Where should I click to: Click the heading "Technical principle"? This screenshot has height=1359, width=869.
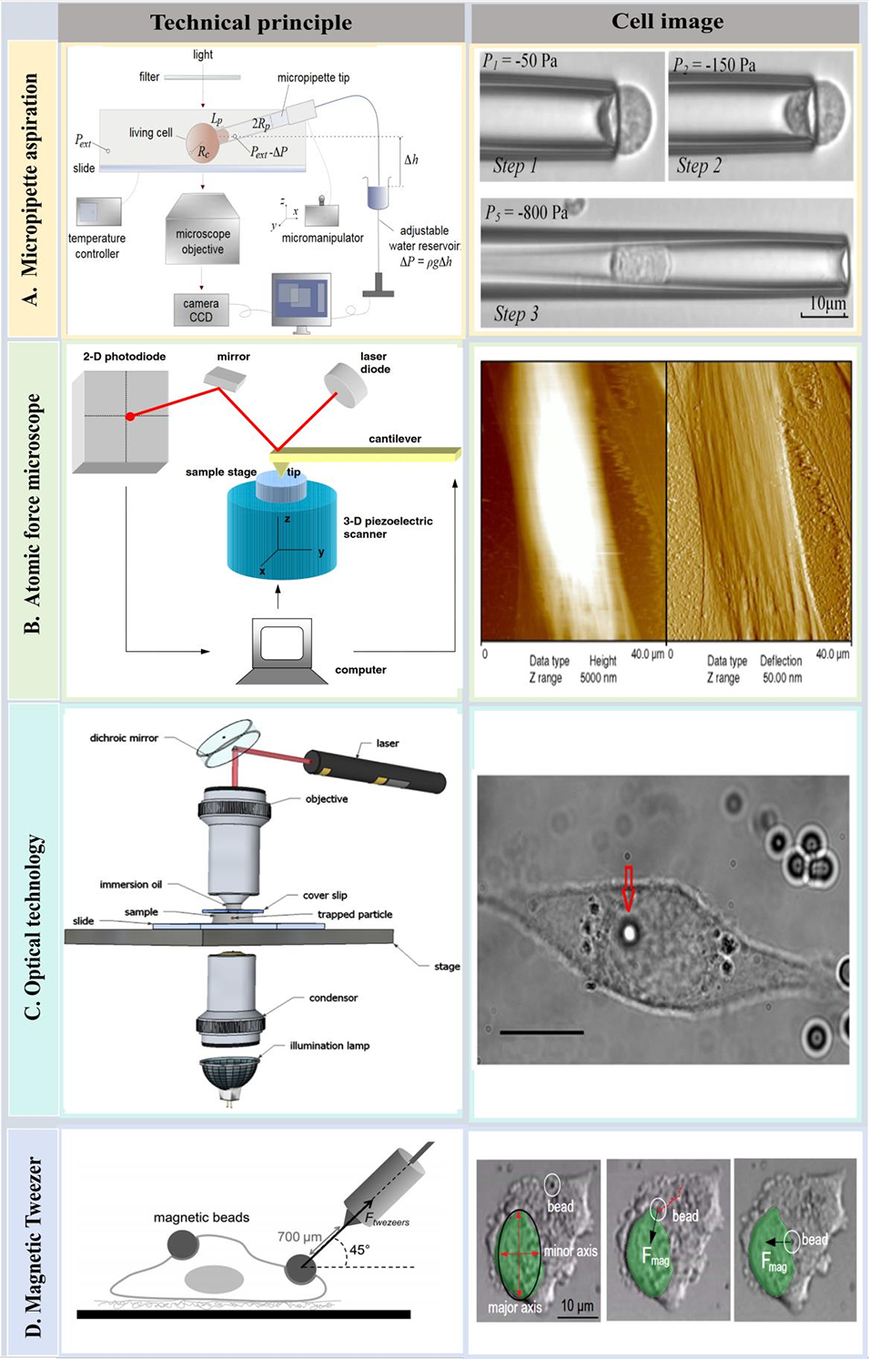pos(251,23)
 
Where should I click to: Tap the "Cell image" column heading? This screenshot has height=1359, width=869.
pos(667,21)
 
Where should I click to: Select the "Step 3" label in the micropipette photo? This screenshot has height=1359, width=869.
pos(516,314)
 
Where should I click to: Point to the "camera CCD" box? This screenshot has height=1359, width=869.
pos(201,310)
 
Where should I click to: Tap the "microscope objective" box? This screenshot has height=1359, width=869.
pos(202,240)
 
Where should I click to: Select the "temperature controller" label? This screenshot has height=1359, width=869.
pos(96,246)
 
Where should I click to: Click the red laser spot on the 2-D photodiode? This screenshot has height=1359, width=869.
pos(130,416)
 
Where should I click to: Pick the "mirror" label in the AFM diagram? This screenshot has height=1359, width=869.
pos(233,357)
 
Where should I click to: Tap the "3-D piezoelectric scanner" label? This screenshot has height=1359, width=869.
pos(387,527)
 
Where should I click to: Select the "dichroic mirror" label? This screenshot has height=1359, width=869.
pos(124,738)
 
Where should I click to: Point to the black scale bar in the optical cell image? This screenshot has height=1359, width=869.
pos(541,1032)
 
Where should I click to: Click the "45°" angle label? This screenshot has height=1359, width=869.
pos(359,1250)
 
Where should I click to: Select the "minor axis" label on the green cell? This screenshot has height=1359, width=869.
pos(571,1252)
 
